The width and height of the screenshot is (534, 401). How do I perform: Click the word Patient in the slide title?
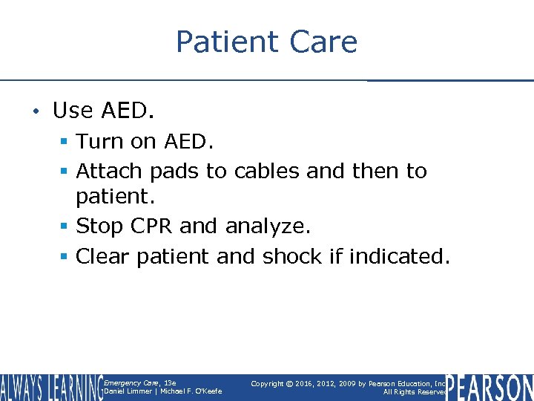coord(224,42)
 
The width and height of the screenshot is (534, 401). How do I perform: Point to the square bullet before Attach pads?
coord(65,172)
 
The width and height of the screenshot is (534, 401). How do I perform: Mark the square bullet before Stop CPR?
coord(65,226)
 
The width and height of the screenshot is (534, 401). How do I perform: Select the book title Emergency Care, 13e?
coord(140,383)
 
